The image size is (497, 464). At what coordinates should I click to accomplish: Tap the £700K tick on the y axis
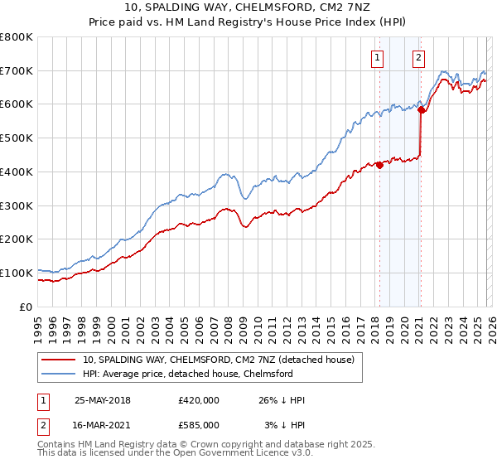[17, 70]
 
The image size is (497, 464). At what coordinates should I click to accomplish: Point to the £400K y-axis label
[17, 172]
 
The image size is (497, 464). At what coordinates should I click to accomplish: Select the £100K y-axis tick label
[17, 273]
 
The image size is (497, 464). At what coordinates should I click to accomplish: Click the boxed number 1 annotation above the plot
[378, 57]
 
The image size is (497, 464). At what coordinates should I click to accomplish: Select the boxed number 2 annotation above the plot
[419, 57]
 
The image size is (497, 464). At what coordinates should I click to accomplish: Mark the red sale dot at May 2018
[379, 165]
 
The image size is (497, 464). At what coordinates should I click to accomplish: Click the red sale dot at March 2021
[421, 109]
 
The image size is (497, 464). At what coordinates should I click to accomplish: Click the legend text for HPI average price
[187, 374]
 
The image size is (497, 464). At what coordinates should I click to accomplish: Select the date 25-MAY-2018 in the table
[103, 400]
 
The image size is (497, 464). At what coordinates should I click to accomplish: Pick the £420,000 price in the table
[198, 400]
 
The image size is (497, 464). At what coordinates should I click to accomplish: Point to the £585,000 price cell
[198, 424]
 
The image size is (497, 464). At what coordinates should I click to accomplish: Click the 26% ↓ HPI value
[281, 400]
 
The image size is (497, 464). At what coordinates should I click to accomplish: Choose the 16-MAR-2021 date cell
[103, 424]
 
